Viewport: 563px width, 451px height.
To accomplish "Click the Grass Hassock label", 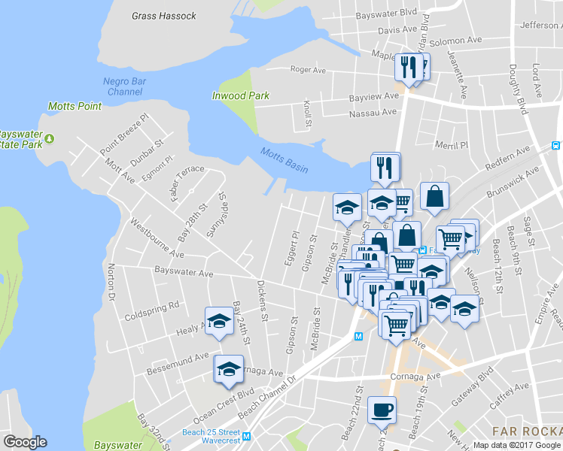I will pos(163,15).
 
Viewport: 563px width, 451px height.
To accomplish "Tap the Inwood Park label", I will pos(240,95).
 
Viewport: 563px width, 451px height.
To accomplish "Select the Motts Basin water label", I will pos(284,160).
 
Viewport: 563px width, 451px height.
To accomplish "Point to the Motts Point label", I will pos(75,106).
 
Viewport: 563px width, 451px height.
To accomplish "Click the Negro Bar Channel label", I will pos(124,86).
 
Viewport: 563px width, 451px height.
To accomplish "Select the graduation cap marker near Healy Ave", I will pos(219,321).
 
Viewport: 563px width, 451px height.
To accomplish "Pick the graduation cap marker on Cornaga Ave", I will pos(229,370).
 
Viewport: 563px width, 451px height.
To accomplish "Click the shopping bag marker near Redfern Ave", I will pos(434,198).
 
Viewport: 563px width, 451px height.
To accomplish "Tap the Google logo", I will pos(25,442).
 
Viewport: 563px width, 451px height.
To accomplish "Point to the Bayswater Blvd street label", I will pos(386,13).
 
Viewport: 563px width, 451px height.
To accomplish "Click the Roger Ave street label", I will pos(308,70).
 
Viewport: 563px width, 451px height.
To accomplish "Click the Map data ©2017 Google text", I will pos(516,445).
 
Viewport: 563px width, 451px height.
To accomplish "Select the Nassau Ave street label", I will pos(372,113).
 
